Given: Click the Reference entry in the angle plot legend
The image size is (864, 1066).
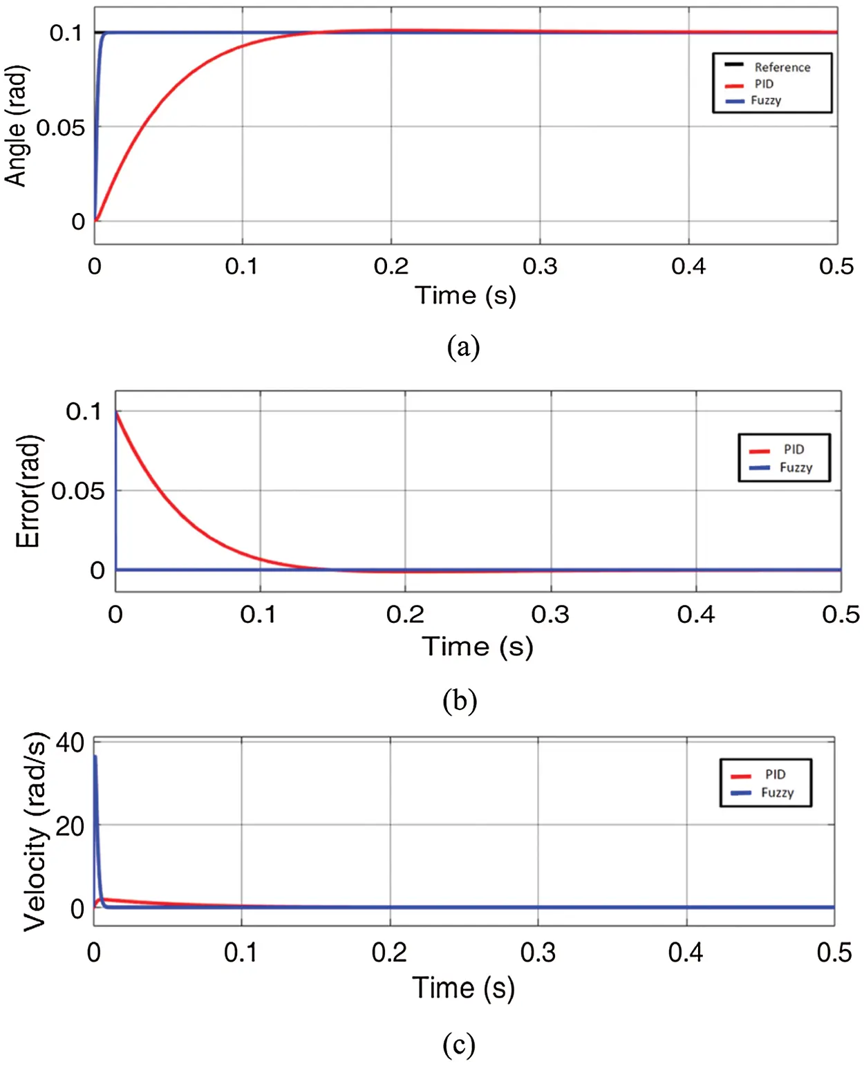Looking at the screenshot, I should point(781,67).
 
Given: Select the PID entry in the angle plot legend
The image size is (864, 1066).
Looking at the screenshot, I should point(763,84).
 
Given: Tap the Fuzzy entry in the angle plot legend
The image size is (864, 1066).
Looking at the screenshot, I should point(765,100).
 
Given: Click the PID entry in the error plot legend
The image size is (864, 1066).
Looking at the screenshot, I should point(793,449).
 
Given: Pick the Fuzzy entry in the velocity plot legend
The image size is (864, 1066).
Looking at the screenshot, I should point(777,792).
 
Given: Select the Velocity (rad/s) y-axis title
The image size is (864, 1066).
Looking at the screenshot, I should point(35,832).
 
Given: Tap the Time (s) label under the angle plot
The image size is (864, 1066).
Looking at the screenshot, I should point(465,295).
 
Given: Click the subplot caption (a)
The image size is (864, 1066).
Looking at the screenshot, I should point(463,346).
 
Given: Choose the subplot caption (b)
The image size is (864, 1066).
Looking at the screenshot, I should point(460,700).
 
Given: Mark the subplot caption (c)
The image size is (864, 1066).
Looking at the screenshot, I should point(459,1044).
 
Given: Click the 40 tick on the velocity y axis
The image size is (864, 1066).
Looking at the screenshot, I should point(70,743).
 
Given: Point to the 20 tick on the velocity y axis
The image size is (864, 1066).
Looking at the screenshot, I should point(70,825).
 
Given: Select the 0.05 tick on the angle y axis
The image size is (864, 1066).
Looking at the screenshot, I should point(60,127).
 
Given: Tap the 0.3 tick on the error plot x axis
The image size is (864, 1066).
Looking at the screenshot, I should point(550,614).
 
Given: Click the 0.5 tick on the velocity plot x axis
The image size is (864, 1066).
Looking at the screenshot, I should point(834,953).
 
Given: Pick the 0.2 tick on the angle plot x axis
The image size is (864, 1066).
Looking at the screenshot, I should point(391,266).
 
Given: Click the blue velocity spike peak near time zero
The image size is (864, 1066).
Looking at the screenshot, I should point(95,757).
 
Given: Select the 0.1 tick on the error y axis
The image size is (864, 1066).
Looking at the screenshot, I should point(84,411).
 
